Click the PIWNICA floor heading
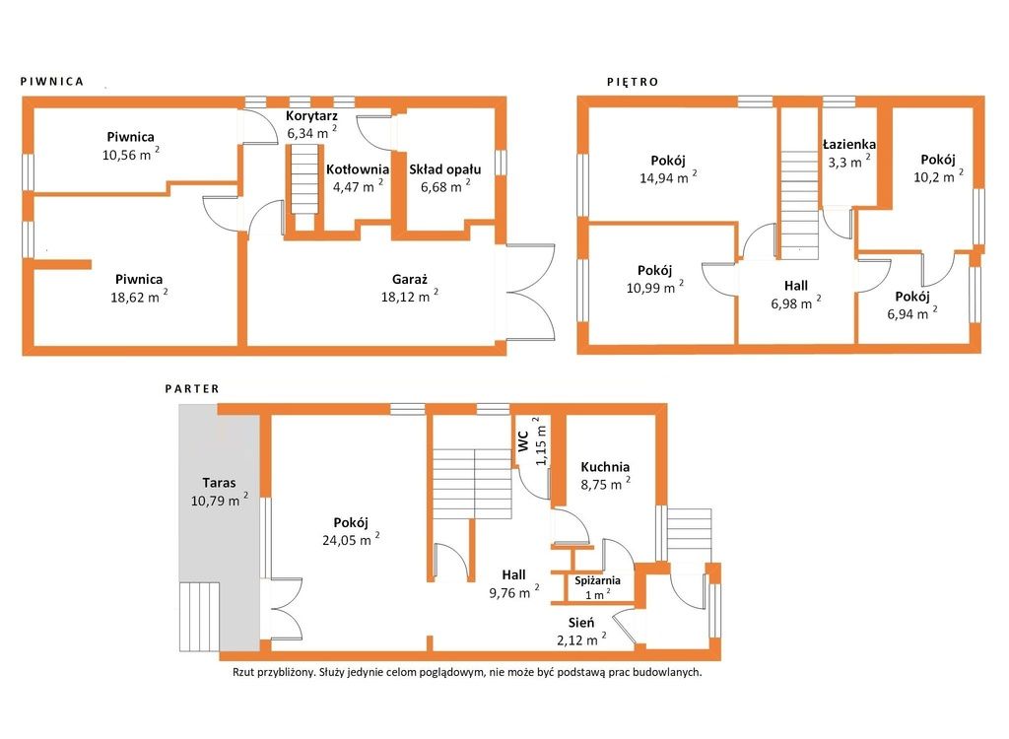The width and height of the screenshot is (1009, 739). [52, 82]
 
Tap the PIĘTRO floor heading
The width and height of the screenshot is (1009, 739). [634, 82]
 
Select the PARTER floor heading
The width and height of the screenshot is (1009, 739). [192, 389]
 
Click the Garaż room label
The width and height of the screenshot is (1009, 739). [410, 280]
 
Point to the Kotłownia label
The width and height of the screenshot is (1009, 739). [357, 169]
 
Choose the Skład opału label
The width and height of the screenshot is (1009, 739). [445, 169]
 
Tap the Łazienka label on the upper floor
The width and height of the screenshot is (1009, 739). [848, 145]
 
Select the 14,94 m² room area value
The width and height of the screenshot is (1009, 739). [668, 177]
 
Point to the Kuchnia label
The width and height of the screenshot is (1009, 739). [605, 467]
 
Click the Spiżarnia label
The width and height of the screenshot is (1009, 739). [598, 580]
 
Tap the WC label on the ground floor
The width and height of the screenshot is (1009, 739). [523, 441]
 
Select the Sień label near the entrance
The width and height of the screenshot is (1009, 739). [581, 623]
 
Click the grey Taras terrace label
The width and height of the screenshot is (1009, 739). [219, 483]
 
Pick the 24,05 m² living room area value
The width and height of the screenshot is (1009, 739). [351, 539]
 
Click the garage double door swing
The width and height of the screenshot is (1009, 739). [531, 293]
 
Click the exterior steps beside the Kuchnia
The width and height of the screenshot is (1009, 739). [689, 535]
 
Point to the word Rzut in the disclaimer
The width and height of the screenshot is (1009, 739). [243, 673]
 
